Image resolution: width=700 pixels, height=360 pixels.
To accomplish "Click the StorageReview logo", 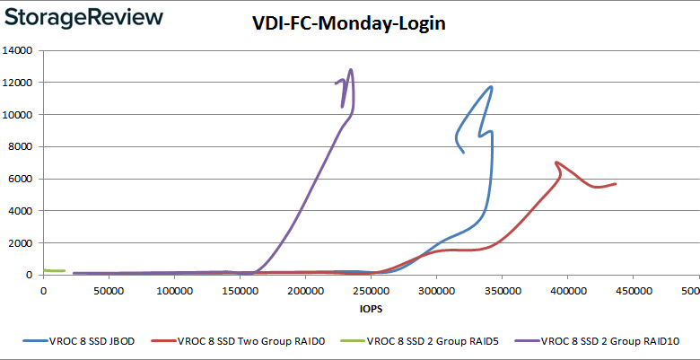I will pos(84,17).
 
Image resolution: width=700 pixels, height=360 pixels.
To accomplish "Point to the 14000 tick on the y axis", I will pos(19,51).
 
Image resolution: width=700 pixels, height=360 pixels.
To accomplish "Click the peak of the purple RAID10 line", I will pos(350,70).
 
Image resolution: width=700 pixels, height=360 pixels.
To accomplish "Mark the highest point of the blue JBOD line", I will pos(491,87).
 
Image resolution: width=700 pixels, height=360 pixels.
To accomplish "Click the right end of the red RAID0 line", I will pos(615,184).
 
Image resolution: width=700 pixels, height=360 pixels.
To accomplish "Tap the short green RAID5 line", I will pos(55,270).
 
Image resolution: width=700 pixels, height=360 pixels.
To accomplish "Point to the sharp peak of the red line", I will pos(557,162).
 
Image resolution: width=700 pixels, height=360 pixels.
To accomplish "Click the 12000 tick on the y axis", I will pos(19,83).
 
